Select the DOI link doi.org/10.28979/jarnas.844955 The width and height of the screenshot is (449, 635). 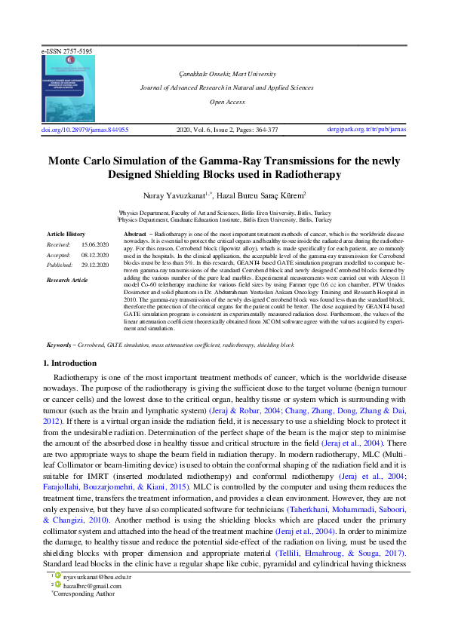[85, 130]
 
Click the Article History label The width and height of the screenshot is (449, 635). [66, 235]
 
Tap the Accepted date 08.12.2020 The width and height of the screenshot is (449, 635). [96, 255]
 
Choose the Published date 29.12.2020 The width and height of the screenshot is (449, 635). [96, 265]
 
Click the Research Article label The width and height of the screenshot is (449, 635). [67, 280]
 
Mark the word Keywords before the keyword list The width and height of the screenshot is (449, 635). [58, 344]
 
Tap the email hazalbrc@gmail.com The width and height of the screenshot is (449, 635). [92, 606]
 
